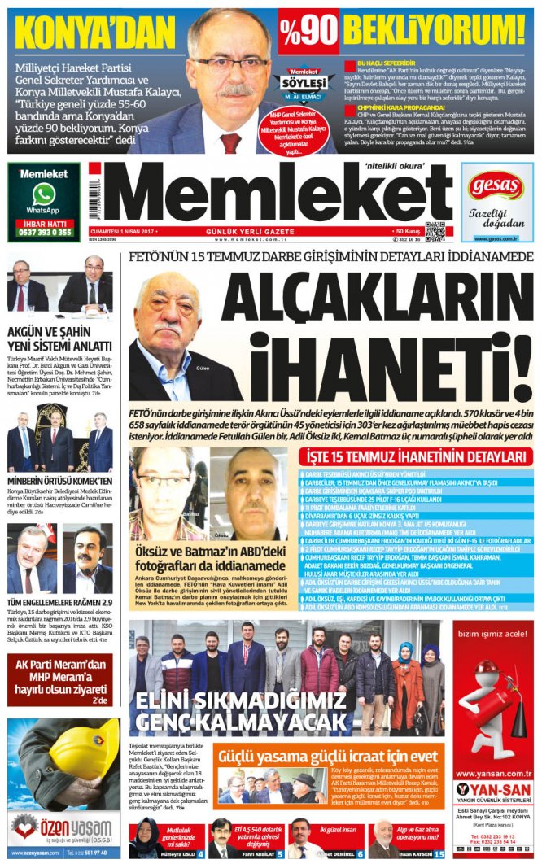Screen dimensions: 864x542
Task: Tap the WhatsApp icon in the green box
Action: (x=43, y=194)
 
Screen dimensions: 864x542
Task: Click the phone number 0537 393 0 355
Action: (x=43, y=232)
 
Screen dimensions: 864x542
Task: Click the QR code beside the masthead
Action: (x=435, y=231)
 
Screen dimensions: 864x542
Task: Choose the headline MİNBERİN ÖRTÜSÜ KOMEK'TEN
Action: (x=60, y=482)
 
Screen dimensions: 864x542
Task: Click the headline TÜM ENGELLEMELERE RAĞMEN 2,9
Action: (x=60, y=603)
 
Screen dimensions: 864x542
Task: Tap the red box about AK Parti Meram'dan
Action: (x=60, y=672)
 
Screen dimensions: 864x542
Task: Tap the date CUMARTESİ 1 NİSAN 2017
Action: (x=123, y=232)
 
